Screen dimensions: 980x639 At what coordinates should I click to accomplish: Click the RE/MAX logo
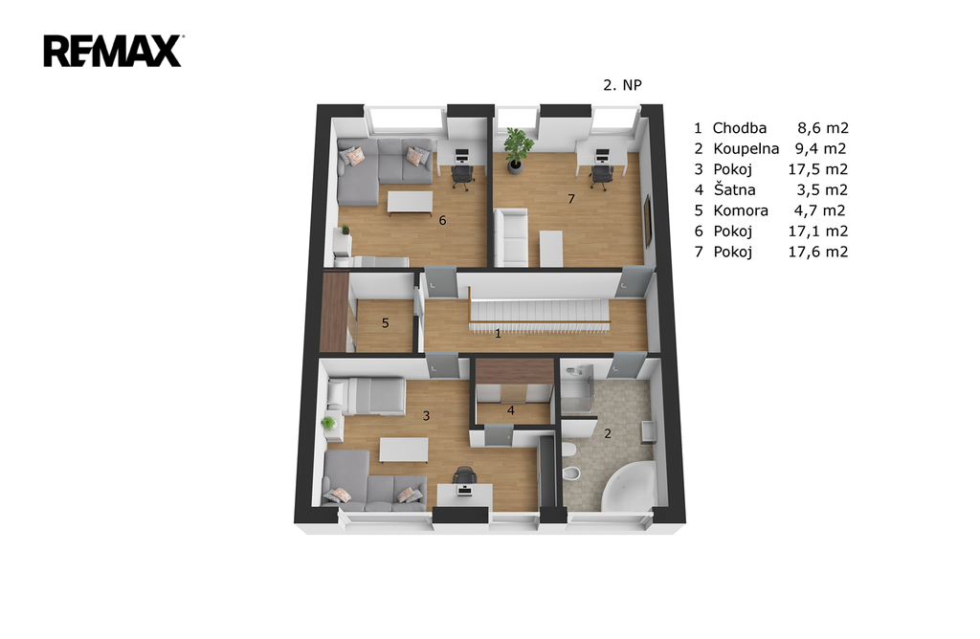tap(113, 52)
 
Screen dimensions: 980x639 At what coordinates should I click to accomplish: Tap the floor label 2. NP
tap(622, 85)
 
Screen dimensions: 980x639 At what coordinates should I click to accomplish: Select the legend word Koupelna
tap(746, 148)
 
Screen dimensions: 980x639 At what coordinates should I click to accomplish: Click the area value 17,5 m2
tap(817, 169)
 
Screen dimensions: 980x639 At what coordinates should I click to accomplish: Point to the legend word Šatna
tap(734, 189)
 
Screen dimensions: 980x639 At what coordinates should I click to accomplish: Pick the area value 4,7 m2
tap(819, 210)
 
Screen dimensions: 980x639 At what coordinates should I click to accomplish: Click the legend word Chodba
tap(740, 128)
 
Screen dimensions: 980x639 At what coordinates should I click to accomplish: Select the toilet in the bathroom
tap(568, 451)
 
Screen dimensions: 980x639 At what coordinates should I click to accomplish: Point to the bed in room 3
tap(367, 395)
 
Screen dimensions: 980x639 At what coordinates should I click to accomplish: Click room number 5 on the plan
tap(385, 323)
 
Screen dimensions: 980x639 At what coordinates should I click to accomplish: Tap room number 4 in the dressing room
tap(511, 410)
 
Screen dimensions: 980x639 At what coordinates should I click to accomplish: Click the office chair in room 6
tap(462, 175)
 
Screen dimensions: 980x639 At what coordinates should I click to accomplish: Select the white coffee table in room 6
tap(410, 203)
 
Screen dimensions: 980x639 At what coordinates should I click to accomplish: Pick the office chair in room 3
tap(464, 475)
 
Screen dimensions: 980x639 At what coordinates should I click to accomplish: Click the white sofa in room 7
tap(511, 237)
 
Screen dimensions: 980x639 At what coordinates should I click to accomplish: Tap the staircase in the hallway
tap(539, 311)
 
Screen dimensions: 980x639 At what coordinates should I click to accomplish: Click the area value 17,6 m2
tap(817, 252)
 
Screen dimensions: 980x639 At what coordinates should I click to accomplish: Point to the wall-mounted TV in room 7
tap(648, 219)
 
